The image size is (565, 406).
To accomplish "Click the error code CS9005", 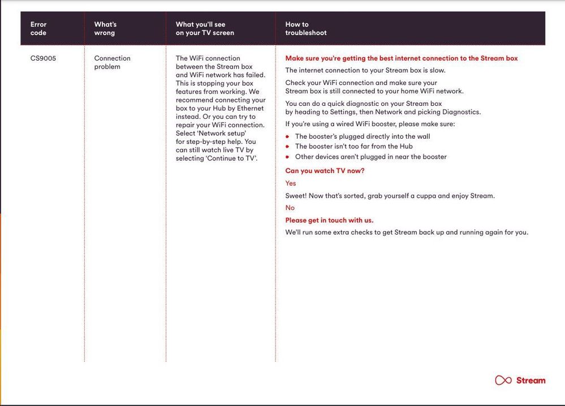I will pyautogui.click(x=43, y=58).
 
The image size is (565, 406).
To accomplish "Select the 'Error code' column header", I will pyautogui.click(x=38, y=28).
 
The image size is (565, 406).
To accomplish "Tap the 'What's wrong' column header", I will pyautogui.click(x=105, y=28).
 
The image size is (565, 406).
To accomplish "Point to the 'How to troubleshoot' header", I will pyautogui.click(x=305, y=28).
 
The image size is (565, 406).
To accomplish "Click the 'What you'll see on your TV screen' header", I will pyautogui.click(x=205, y=28).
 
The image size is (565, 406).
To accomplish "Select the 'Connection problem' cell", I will pyautogui.click(x=112, y=62).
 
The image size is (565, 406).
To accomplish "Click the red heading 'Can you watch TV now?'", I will pyautogui.click(x=325, y=171).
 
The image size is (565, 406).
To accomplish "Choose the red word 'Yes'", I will pyautogui.click(x=291, y=183).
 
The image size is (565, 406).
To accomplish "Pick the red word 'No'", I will pyautogui.click(x=290, y=208).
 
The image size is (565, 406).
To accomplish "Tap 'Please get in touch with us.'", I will pyautogui.click(x=329, y=220).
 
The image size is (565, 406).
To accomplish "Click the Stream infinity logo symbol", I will pyautogui.click(x=503, y=381).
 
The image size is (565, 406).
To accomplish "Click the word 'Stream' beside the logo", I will pyautogui.click(x=531, y=381).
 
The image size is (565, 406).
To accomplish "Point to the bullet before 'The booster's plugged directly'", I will pyautogui.click(x=288, y=136).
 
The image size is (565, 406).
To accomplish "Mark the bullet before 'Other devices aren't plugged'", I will pyautogui.click(x=288, y=157).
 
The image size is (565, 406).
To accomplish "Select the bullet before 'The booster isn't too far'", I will pyautogui.click(x=288, y=147).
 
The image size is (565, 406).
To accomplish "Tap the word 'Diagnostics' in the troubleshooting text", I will pyautogui.click(x=462, y=112).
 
